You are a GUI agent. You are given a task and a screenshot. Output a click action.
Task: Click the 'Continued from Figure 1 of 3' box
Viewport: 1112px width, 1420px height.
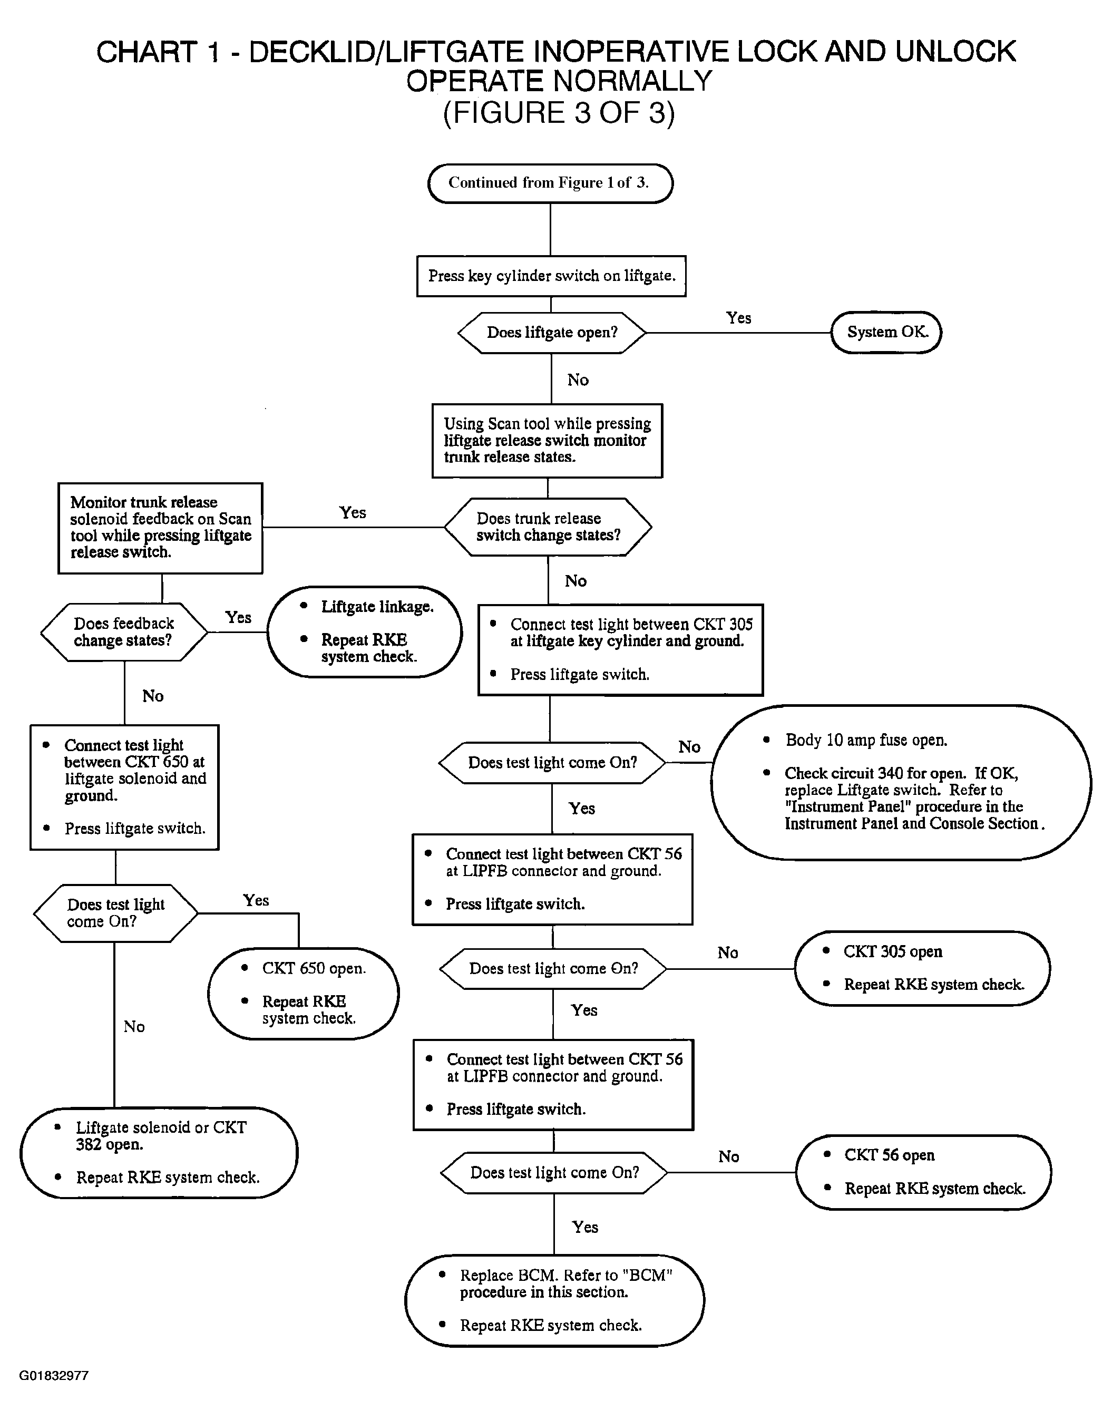pos(550,183)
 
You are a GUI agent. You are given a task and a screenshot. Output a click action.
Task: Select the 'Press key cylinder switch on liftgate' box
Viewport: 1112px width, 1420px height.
pos(551,276)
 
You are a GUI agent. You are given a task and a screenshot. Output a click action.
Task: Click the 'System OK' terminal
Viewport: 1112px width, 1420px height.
pos(886,332)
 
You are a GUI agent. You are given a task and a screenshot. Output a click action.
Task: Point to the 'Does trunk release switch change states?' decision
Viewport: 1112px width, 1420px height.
pos(548,527)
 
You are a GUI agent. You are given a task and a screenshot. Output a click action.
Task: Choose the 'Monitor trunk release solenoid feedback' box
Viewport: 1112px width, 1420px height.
pos(160,528)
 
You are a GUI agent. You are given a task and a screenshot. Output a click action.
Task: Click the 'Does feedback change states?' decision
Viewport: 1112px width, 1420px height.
pos(124,632)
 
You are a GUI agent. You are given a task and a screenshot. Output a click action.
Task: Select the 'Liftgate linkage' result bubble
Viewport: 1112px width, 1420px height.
pos(365,631)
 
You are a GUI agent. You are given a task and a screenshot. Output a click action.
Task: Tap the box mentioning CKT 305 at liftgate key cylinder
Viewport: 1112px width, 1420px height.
pos(620,650)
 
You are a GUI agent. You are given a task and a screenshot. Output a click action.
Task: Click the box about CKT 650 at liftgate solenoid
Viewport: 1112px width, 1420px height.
pos(124,787)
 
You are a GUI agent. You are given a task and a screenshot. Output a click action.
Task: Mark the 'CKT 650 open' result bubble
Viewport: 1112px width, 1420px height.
pos(304,994)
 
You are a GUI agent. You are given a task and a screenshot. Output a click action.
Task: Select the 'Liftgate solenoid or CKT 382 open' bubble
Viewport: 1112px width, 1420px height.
pos(159,1152)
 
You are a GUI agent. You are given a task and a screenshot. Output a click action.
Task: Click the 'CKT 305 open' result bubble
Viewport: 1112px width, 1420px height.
pos(923,968)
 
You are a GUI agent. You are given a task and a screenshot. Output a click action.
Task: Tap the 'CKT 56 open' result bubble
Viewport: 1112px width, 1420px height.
pos(923,1172)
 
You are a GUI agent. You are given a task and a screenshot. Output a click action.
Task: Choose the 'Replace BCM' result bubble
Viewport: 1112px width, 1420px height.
pos(555,1300)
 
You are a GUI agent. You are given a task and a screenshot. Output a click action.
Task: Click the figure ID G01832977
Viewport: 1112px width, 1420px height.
pos(54,1376)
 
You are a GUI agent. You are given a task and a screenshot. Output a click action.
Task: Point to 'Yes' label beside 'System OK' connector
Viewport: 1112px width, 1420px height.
pos(739,318)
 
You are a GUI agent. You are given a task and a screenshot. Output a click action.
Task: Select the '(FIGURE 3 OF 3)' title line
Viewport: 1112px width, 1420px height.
pos(559,113)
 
